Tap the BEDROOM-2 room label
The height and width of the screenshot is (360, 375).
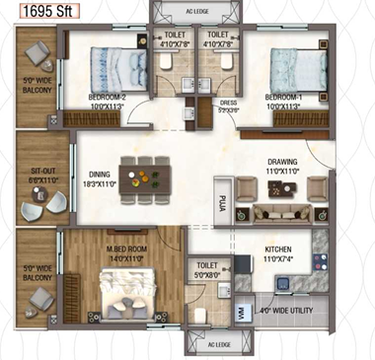tap(109, 98)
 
